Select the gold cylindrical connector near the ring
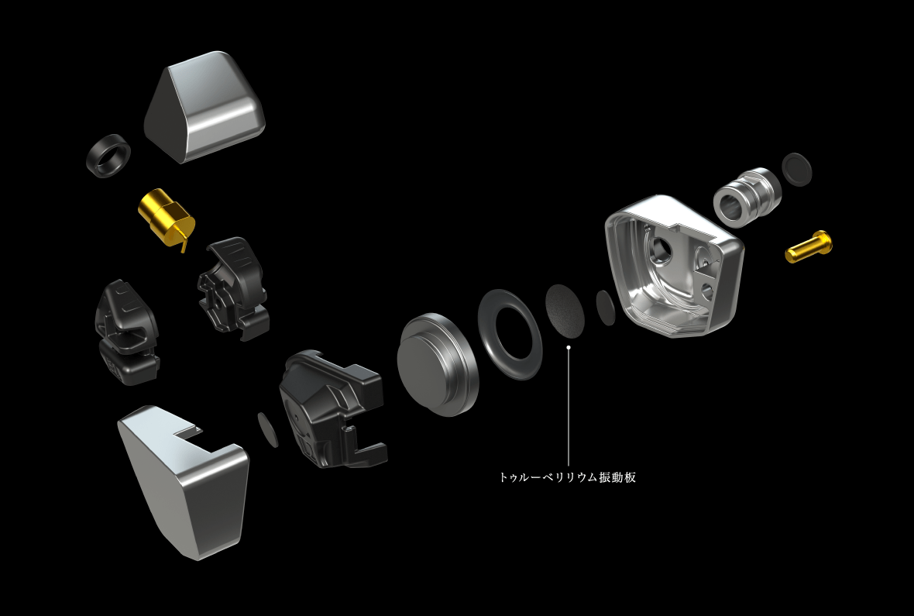(x=164, y=216)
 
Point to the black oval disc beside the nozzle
(x=798, y=170)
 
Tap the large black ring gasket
(x=509, y=334)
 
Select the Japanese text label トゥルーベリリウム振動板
(x=568, y=478)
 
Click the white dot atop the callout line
(x=569, y=348)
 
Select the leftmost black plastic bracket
(x=126, y=332)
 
